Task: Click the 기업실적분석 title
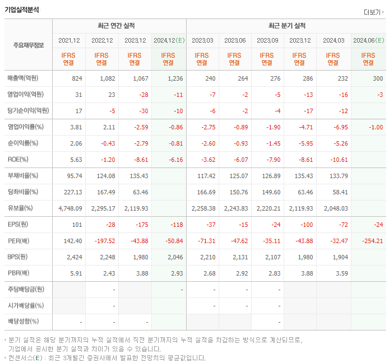coord(22,10)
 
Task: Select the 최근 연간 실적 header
coord(119,26)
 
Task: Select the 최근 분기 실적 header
coord(286,26)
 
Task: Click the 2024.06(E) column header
coord(368,40)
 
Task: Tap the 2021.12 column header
coord(69,40)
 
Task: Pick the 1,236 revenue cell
coord(174,78)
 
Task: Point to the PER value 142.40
coord(73,241)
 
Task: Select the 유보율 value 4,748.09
coord(70,208)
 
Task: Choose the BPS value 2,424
coord(73,257)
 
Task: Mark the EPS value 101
coord(77,225)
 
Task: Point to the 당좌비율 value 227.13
coord(73,192)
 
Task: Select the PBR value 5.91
coord(76,273)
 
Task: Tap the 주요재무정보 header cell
coord(28,45)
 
